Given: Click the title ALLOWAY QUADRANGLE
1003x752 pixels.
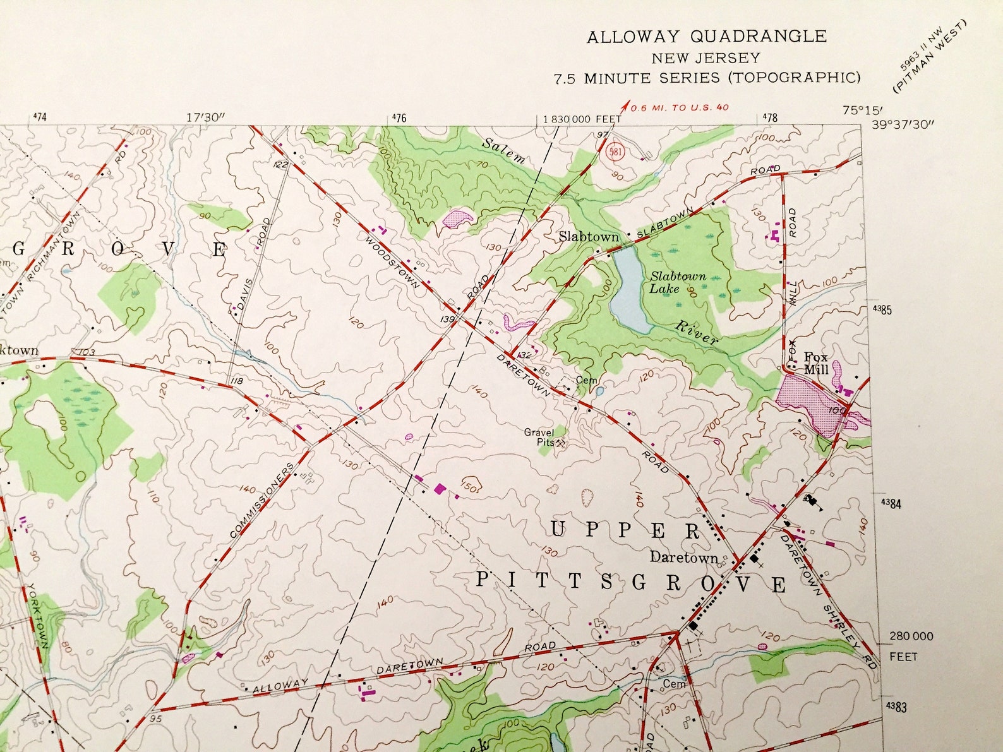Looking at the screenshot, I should (706, 37).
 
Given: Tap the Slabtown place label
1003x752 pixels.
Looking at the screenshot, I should (589, 237).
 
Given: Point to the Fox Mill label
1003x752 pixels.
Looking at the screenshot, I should (815, 363).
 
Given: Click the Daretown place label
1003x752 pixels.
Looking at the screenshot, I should (684, 558).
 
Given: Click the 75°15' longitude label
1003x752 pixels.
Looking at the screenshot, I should (857, 110).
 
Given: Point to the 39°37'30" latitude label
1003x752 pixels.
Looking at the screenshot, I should (901, 124).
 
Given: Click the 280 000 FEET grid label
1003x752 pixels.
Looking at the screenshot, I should (911, 636).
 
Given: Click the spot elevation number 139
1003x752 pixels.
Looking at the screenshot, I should (448, 319).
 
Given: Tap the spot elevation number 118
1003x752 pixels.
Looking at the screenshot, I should (237, 381).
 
